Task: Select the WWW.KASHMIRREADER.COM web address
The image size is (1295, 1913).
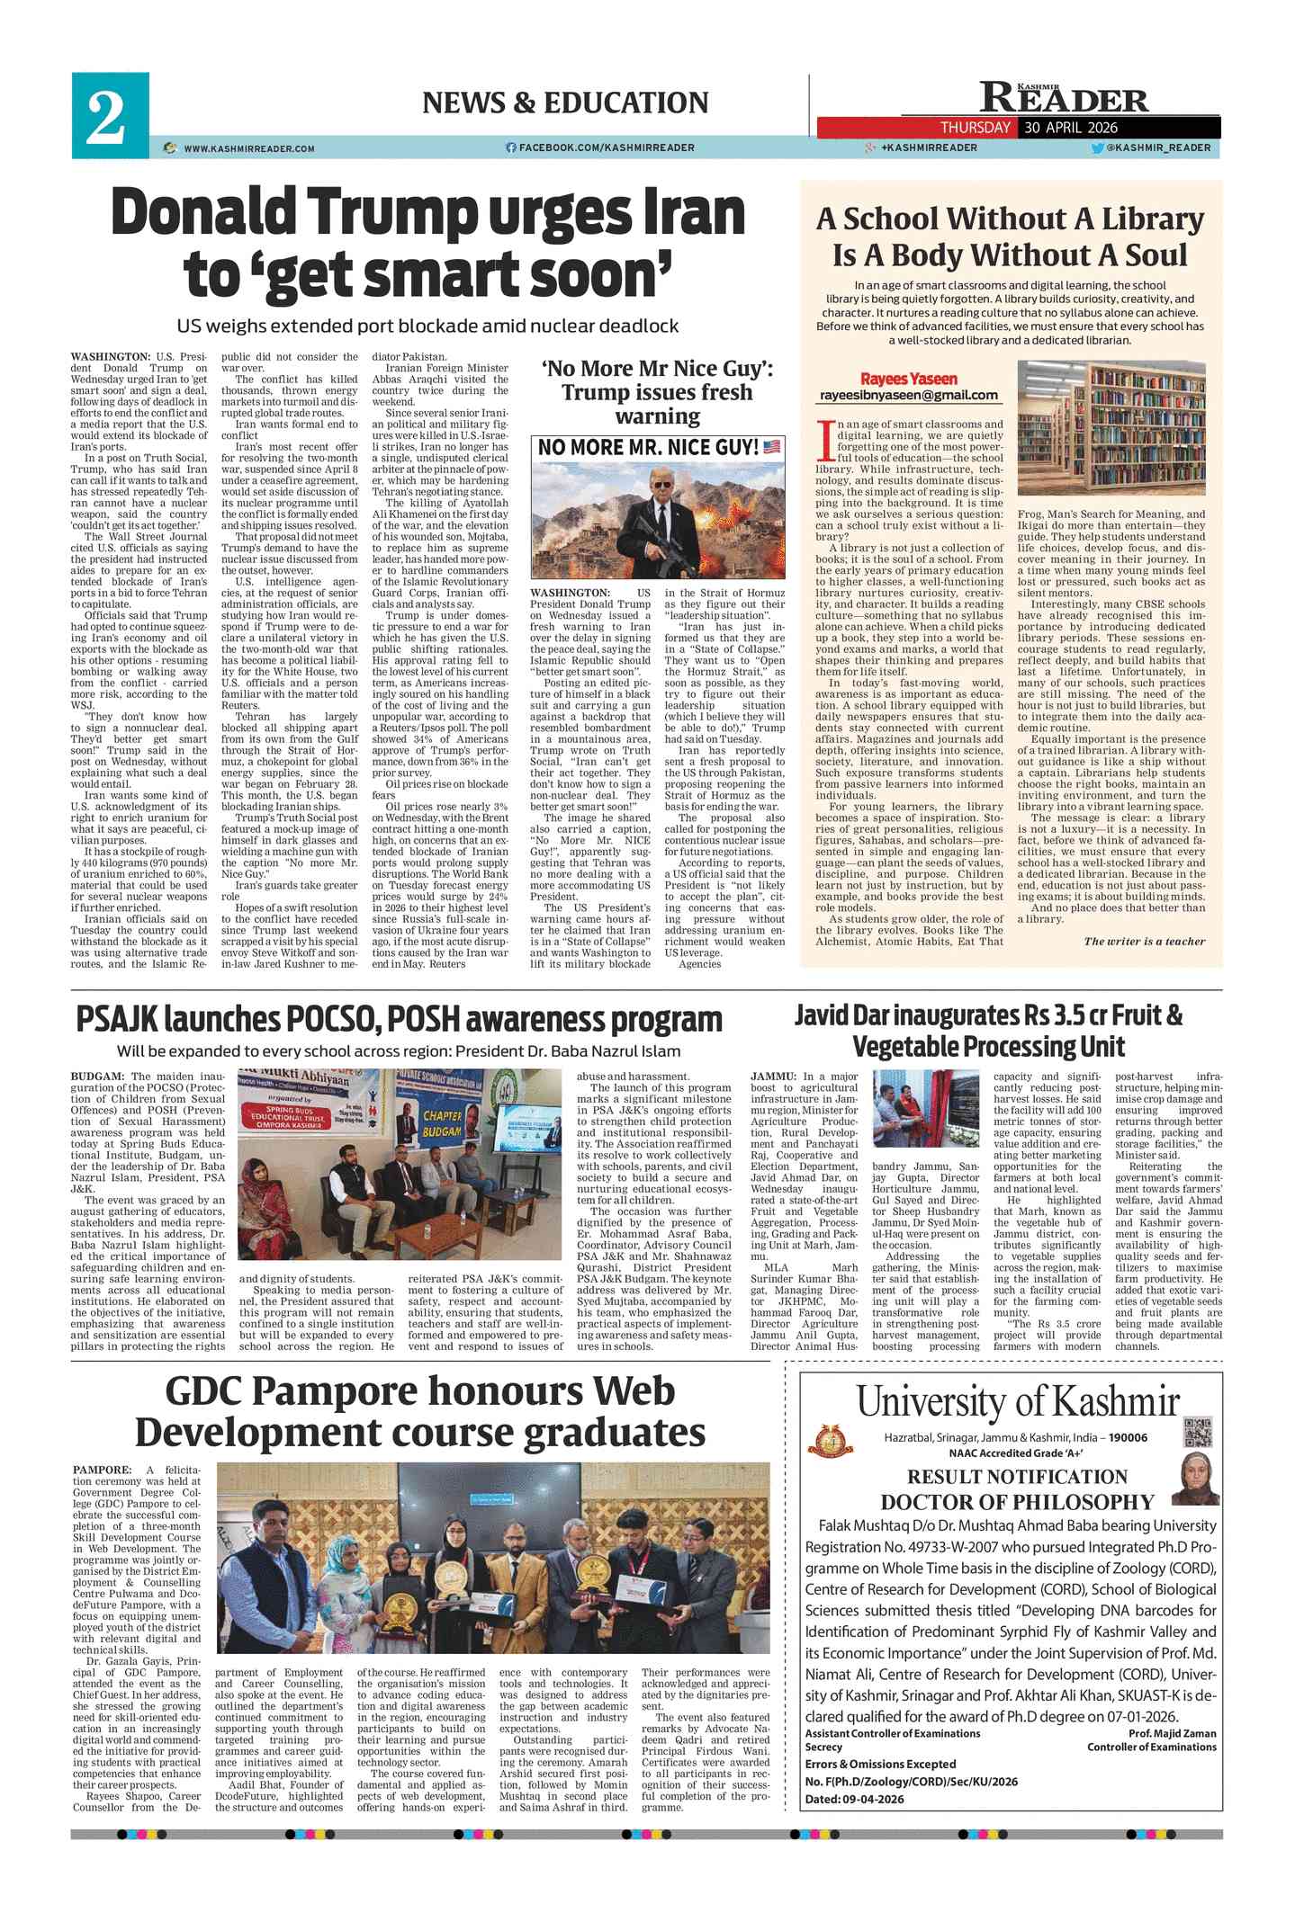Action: click(248, 148)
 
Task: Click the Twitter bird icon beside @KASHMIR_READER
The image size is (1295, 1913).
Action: click(1097, 148)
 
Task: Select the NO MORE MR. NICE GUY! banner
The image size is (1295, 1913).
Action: click(658, 447)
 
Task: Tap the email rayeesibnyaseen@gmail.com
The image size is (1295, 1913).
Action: click(908, 395)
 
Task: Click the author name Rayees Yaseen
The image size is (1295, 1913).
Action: click(908, 379)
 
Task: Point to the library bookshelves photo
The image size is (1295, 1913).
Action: click(1111, 428)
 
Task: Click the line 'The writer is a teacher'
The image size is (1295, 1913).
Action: click(1144, 942)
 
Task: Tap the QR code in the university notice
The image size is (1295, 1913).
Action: click(1197, 1430)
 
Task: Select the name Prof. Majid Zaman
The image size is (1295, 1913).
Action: click(1172, 1733)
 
